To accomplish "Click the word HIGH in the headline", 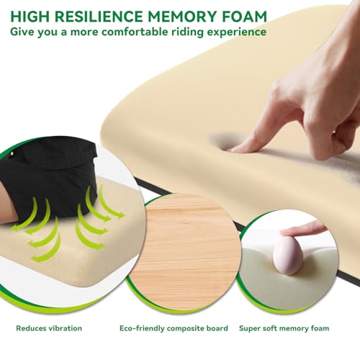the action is point(30,17).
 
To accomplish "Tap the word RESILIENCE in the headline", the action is point(99,17).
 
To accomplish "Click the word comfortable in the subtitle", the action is point(135,32).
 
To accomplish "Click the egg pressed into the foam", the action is point(288,255).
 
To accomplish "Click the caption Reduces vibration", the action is point(49,328).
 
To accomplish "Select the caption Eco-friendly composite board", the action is point(174,328).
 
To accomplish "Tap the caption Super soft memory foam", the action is point(284,328).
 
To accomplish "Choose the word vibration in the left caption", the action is point(66,328).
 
